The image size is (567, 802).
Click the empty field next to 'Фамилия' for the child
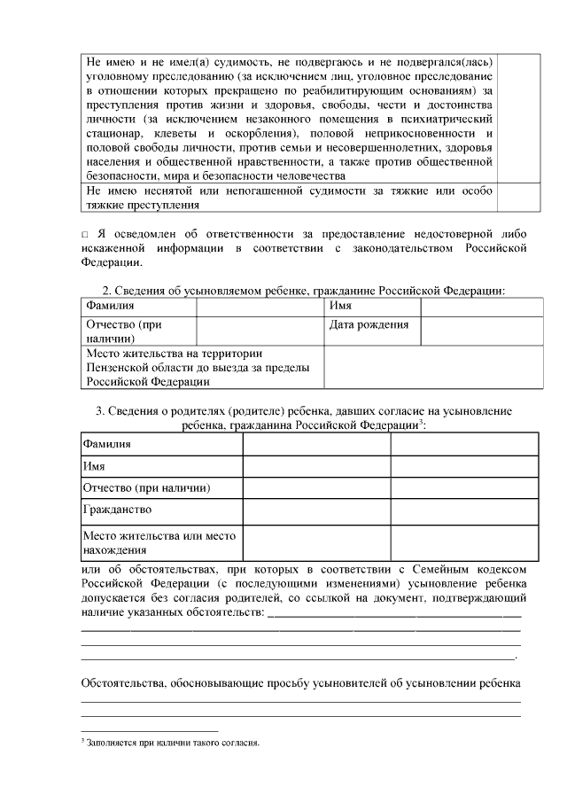tap(260, 306)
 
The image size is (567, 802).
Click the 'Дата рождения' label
tap(369, 324)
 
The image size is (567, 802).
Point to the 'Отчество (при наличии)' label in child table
tap(123, 331)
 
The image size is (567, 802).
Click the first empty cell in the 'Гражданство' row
tap(316, 510)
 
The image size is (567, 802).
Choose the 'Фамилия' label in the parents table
tap(106, 443)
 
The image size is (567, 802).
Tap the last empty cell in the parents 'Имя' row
tap(464, 466)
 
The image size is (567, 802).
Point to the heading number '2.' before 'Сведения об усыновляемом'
tap(108, 291)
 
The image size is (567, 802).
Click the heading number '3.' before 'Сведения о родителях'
tap(100, 410)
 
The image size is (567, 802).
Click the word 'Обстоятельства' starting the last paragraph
tap(121, 683)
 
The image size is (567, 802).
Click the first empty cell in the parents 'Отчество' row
tap(316, 488)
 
